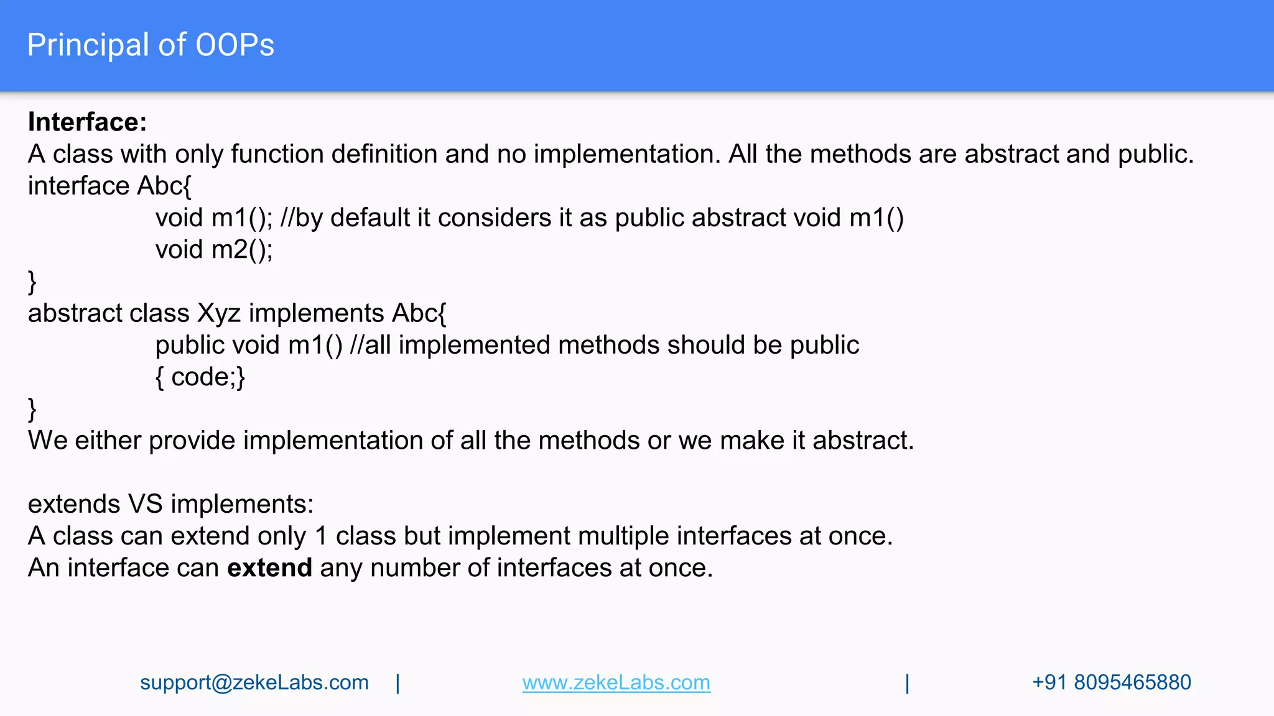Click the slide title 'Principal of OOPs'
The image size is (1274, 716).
pos(151,45)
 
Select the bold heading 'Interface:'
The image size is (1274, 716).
pos(87,122)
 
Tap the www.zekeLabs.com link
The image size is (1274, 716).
pos(616,682)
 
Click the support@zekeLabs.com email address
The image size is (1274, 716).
pos(254,682)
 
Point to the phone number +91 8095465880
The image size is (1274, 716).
pos(1111,682)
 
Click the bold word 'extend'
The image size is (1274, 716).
pos(269,568)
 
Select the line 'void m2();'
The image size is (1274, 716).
pos(214,250)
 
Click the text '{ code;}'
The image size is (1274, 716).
pos(200,377)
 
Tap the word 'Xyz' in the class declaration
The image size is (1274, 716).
pos(218,313)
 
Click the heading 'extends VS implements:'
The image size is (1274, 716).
pos(170,504)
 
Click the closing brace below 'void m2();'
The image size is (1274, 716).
pos(32,282)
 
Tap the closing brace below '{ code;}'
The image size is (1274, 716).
pos(32,410)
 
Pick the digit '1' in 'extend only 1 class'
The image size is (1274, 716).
pos(321,536)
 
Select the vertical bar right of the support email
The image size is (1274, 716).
pos(398,683)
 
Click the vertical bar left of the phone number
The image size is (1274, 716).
pos(908,683)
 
